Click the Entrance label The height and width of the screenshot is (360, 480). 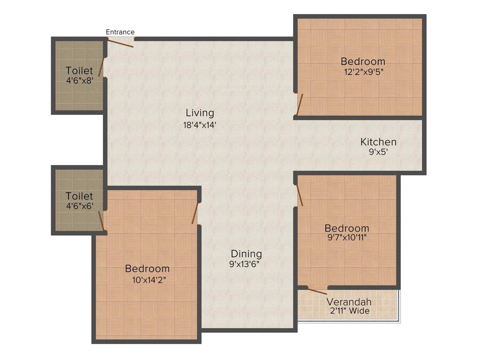[120, 32]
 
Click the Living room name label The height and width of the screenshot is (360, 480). [200, 112]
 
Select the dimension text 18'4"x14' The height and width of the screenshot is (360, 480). [200, 125]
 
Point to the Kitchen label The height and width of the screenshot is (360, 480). [378, 142]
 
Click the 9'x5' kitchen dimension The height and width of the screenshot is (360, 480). [378, 152]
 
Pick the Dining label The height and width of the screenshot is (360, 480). [246, 254]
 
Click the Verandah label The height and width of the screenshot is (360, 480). [349, 301]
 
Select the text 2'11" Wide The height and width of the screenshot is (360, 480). [349, 311]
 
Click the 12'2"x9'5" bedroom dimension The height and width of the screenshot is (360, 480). [363, 72]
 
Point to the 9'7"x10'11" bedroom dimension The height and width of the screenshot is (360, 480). [346, 238]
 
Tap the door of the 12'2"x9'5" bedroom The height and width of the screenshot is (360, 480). [299, 105]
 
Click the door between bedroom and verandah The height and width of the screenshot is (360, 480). [317, 291]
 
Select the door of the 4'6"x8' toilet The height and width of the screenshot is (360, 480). [102, 67]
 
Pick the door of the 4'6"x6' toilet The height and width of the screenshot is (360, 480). [101, 221]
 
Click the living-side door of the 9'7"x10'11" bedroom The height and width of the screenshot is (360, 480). [299, 195]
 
